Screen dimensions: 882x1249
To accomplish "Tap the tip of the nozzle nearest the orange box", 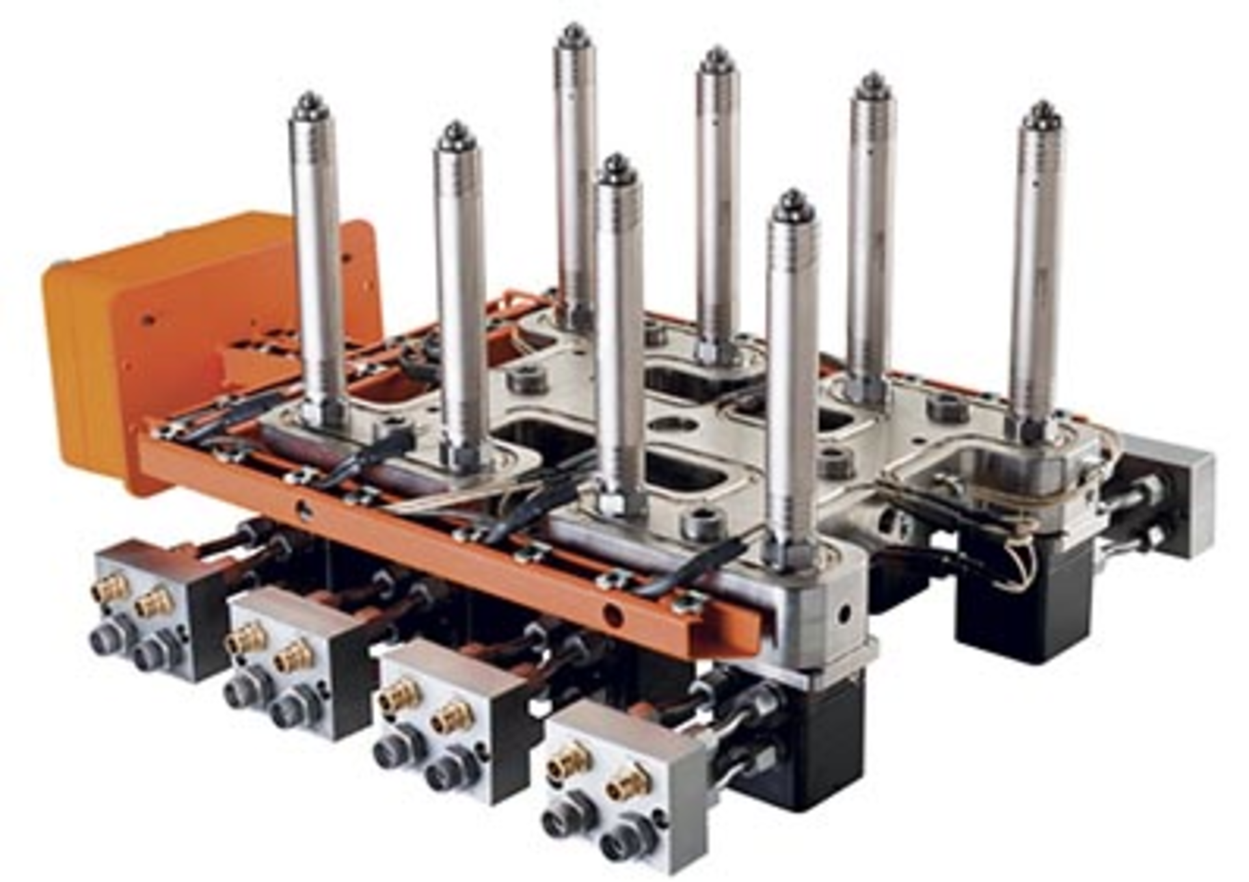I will pos(310,99).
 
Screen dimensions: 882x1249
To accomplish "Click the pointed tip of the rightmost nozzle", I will pos(1041,107).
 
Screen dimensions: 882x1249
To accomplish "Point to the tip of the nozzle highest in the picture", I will pos(573,29).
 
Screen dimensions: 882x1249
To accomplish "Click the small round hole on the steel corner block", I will pos(844,611).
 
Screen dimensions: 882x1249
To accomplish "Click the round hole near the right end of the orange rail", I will pos(611,611).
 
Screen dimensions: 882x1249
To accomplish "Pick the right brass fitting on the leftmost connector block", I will pos(154,604).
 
